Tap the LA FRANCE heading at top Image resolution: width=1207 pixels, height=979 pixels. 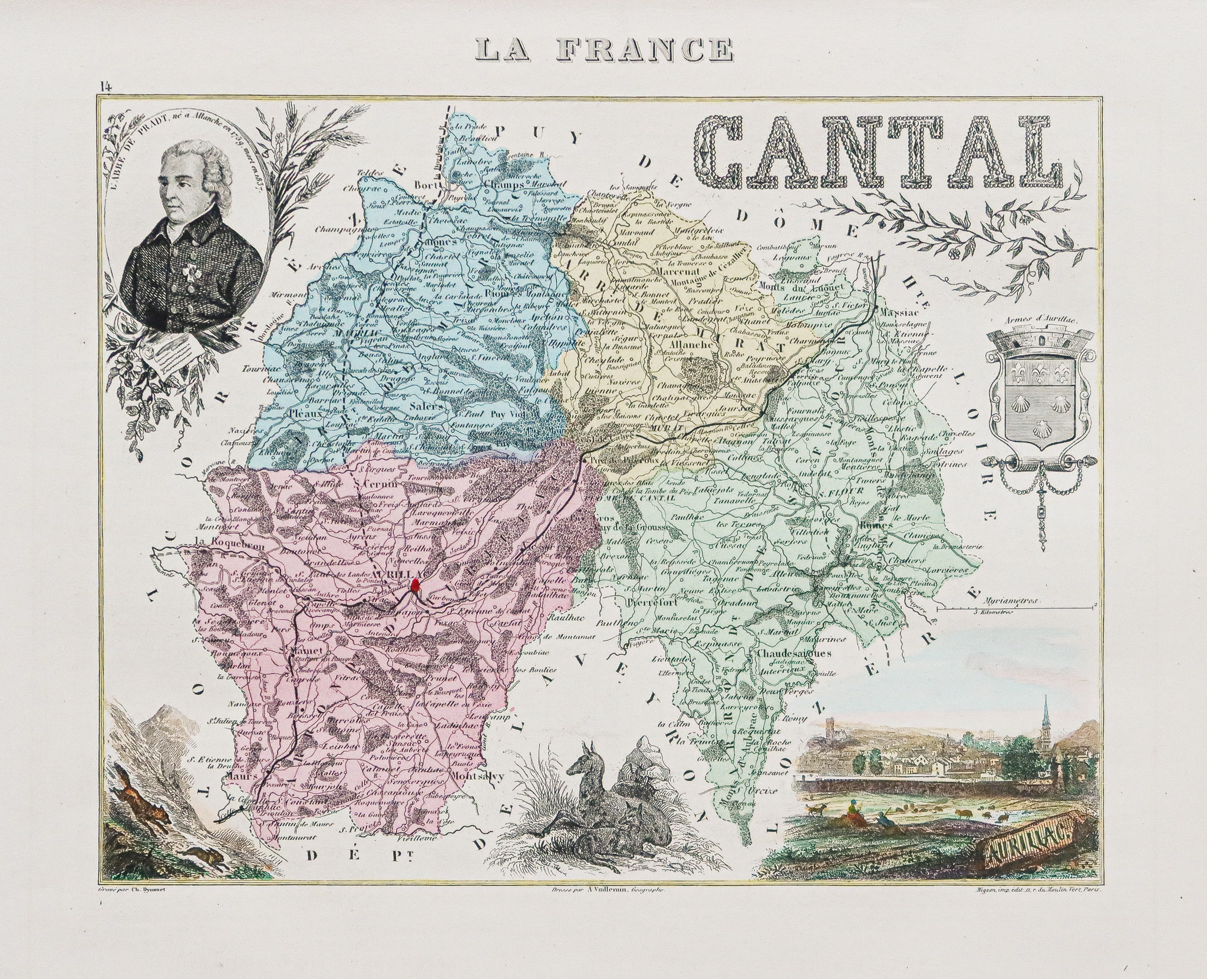603,50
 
